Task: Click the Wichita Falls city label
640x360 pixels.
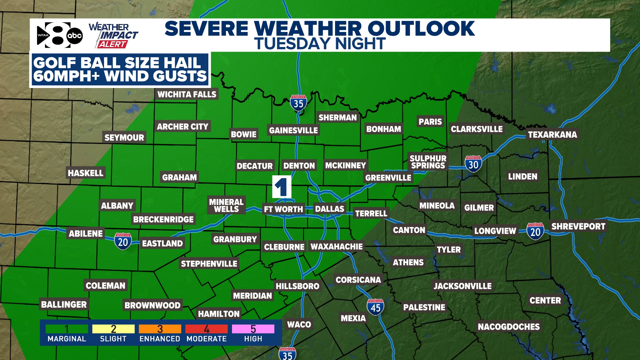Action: tap(187, 94)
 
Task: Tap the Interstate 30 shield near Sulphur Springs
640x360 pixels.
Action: tap(473, 164)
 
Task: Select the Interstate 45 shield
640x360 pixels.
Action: tap(375, 307)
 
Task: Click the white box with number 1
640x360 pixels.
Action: tap(282, 187)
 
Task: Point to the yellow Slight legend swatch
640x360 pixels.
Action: tap(113, 329)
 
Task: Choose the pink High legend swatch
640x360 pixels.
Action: tap(253, 329)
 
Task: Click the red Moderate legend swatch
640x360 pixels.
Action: tap(206, 329)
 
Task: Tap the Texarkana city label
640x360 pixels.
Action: tap(552, 134)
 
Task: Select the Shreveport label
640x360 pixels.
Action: tap(578, 226)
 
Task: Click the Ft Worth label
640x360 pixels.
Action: tap(283, 209)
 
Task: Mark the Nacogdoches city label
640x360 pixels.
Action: tap(508, 327)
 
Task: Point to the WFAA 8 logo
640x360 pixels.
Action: tap(59, 35)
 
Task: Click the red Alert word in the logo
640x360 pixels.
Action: tap(112, 44)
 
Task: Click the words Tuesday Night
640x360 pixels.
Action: tap(320, 44)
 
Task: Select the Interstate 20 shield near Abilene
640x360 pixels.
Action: tap(123, 241)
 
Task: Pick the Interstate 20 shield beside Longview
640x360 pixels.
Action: tap(535, 231)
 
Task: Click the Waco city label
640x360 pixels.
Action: tap(299, 324)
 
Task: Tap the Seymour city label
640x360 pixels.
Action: tap(124, 137)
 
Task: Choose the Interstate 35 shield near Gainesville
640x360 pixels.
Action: tap(298, 103)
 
